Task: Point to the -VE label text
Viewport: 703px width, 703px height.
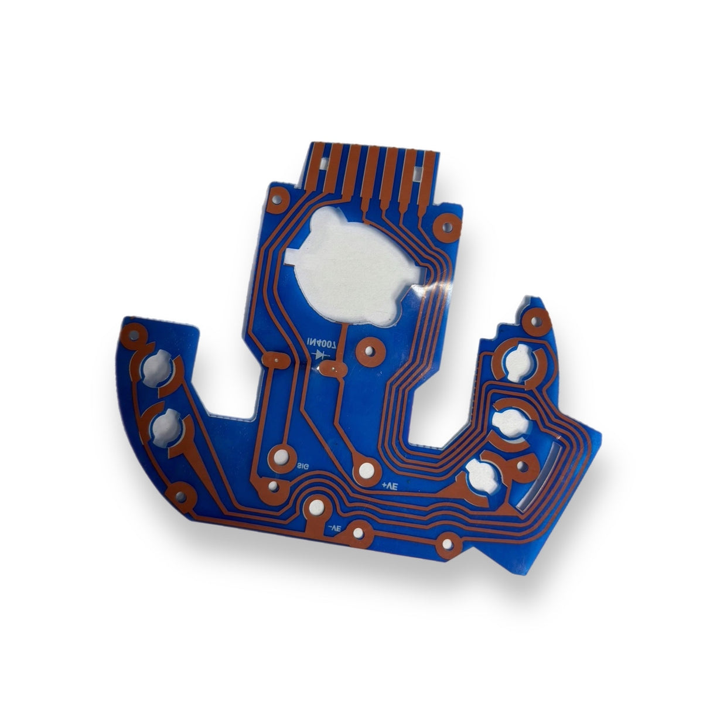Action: (x=333, y=528)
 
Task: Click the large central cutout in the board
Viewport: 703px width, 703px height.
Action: (x=346, y=264)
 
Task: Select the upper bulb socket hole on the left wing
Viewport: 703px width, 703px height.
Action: (x=158, y=366)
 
